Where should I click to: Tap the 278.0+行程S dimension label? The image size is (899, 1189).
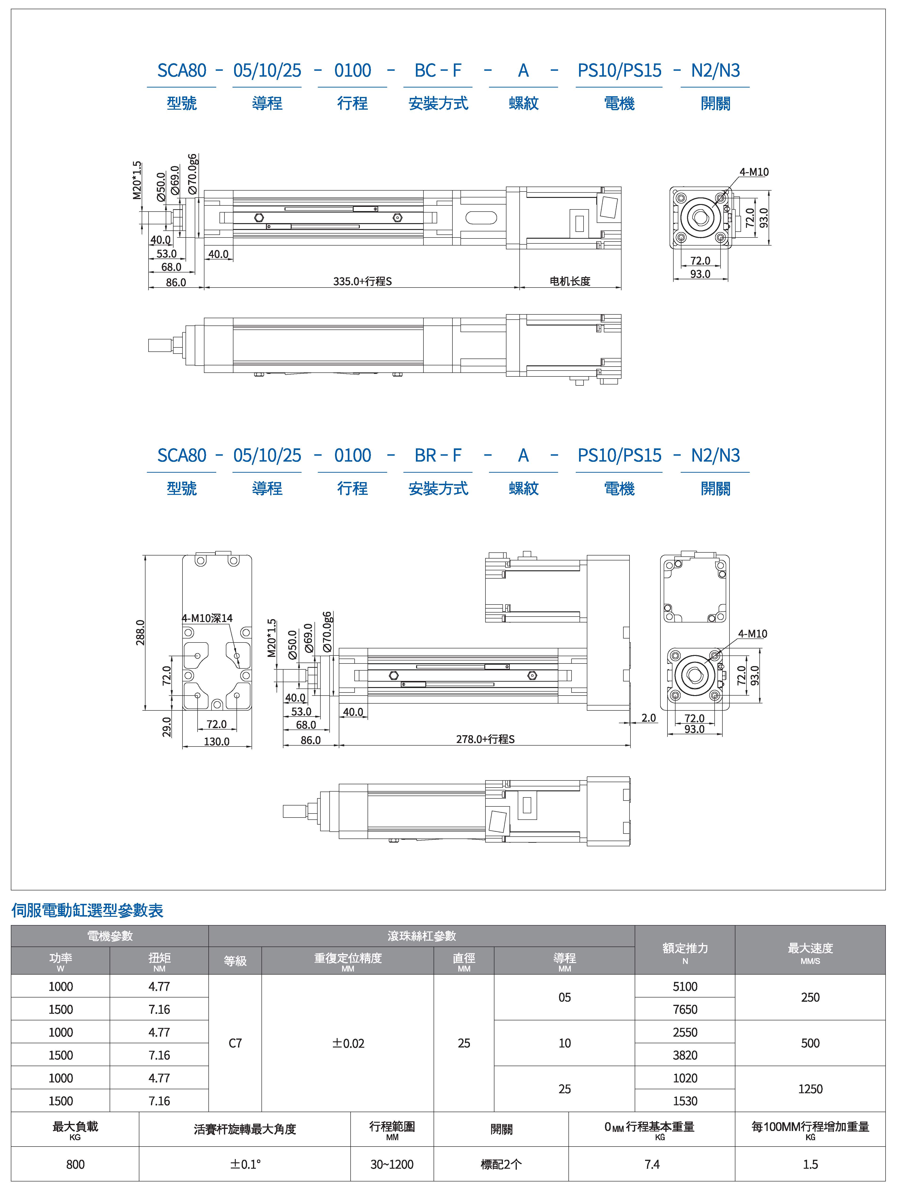coord(485,739)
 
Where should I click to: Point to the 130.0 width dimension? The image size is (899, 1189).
coord(216,741)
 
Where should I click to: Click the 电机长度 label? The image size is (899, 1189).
coord(570,281)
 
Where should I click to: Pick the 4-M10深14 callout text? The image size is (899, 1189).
coord(207,618)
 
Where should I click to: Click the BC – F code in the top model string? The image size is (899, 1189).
coord(438,71)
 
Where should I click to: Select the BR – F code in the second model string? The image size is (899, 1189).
coord(438,455)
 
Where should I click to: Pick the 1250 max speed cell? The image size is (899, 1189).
coord(810,1089)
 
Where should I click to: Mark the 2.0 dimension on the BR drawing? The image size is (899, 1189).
coord(649,718)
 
